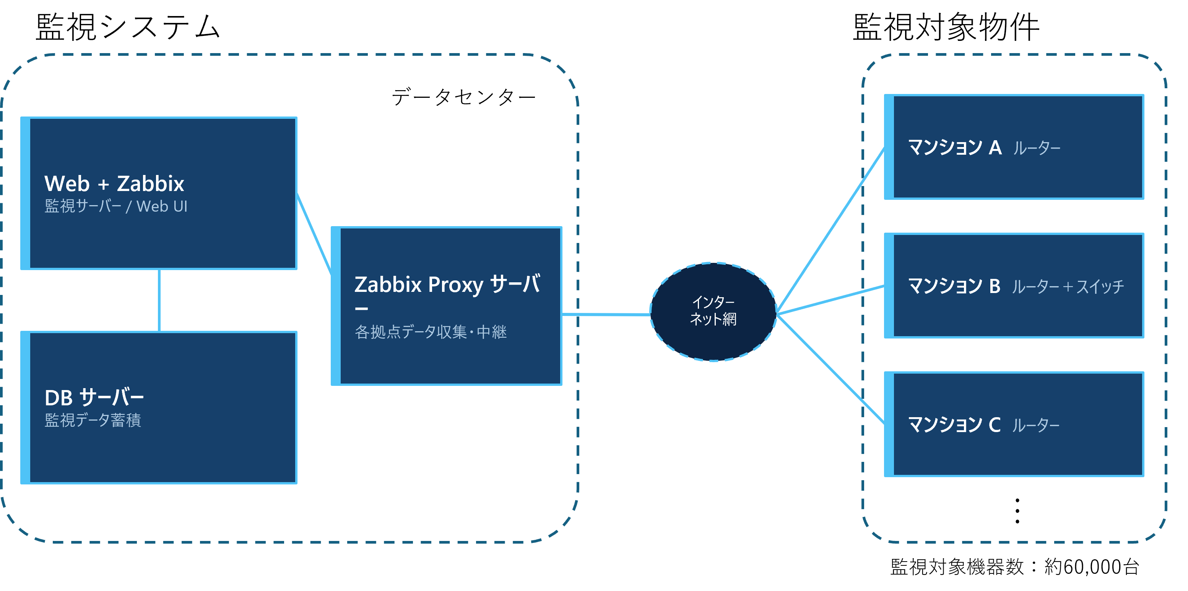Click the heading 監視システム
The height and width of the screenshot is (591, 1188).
[128, 27]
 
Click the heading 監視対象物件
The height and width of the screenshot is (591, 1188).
[946, 27]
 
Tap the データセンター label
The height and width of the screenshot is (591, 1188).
[463, 97]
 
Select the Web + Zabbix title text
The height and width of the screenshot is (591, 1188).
[114, 183]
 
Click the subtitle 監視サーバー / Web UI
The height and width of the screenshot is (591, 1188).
[116, 206]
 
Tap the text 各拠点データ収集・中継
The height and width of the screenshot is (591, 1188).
[431, 332]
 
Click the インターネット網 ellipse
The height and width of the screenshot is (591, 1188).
[713, 312]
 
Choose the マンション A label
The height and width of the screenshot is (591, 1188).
[955, 147]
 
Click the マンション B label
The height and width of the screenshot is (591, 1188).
[954, 286]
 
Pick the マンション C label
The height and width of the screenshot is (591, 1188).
[954, 424]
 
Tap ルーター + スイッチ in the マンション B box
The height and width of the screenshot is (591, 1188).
[1068, 287]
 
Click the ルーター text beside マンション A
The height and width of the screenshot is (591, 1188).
[1037, 148]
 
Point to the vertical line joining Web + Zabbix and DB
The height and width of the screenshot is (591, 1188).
[159, 300]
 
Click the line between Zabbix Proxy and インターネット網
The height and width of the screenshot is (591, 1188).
[606, 315]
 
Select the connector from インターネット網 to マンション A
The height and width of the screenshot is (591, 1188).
[830, 231]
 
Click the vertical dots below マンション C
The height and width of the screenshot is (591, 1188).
[1017, 510]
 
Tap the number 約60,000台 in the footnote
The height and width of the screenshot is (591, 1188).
[1092, 567]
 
